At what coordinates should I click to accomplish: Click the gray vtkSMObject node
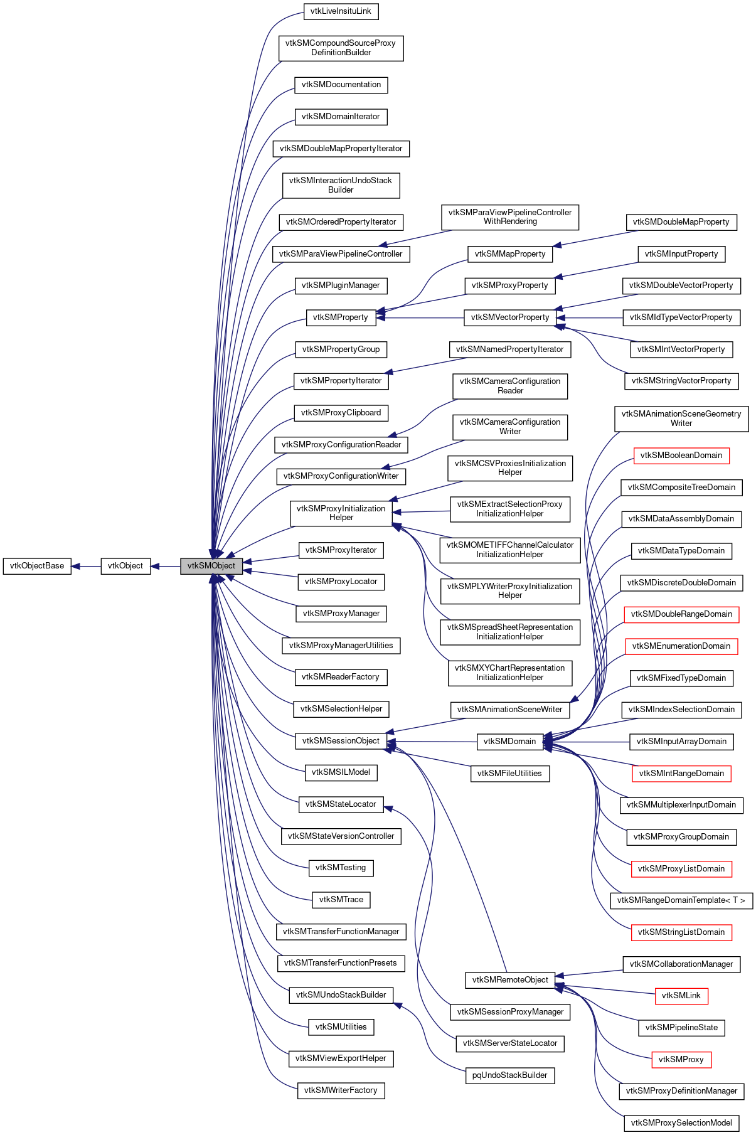(211, 566)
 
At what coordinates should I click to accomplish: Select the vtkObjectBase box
(37, 566)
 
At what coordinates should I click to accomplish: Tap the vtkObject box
(125, 566)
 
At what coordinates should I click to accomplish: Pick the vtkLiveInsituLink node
(341, 11)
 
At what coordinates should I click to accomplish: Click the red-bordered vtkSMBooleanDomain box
(681, 456)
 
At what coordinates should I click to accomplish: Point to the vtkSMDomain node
(509, 742)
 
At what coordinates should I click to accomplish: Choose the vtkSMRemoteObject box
(510, 980)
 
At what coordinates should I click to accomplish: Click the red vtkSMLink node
(681, 996)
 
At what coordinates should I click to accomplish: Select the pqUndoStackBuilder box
(509, 1075)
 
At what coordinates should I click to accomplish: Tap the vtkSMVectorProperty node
(510, 317)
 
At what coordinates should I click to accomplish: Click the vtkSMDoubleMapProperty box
(681, 222)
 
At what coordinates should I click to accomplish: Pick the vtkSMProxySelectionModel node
(681, 1123)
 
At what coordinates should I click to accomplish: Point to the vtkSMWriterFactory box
(341, 1090)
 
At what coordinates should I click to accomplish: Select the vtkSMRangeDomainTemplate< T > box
(681, 900)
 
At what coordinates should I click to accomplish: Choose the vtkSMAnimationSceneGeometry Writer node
(681, 418)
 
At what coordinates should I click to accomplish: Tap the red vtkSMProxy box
(681, 1060)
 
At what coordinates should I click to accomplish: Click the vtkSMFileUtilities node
(509, 774)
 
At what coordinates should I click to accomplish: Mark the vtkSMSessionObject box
(341, 741)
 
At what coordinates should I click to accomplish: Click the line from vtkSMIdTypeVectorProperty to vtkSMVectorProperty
(590, 318)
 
